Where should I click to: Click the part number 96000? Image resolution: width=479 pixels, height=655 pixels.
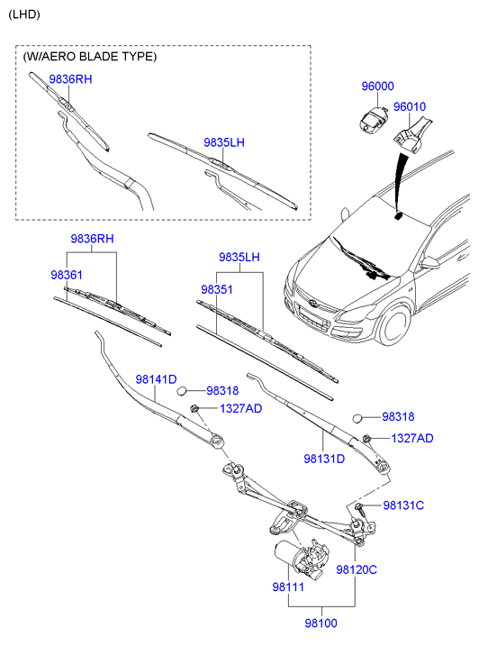(x=378, y=86)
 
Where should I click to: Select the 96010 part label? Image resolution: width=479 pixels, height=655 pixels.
(x=409, y=106)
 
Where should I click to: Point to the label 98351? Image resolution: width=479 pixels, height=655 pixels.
(x=217, y=290)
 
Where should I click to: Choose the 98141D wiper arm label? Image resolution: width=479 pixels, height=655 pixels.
(x=156, y=379)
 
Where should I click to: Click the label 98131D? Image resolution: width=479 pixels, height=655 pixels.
(x=324, y=459)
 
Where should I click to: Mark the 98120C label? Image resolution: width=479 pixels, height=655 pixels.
(x=357, y=569)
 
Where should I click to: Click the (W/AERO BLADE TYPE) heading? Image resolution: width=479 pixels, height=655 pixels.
(x=90, y=56)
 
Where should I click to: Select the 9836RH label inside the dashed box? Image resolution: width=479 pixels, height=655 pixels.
(x=70, y=79)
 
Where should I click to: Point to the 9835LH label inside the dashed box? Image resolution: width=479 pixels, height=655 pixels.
(x=224, y=142)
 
